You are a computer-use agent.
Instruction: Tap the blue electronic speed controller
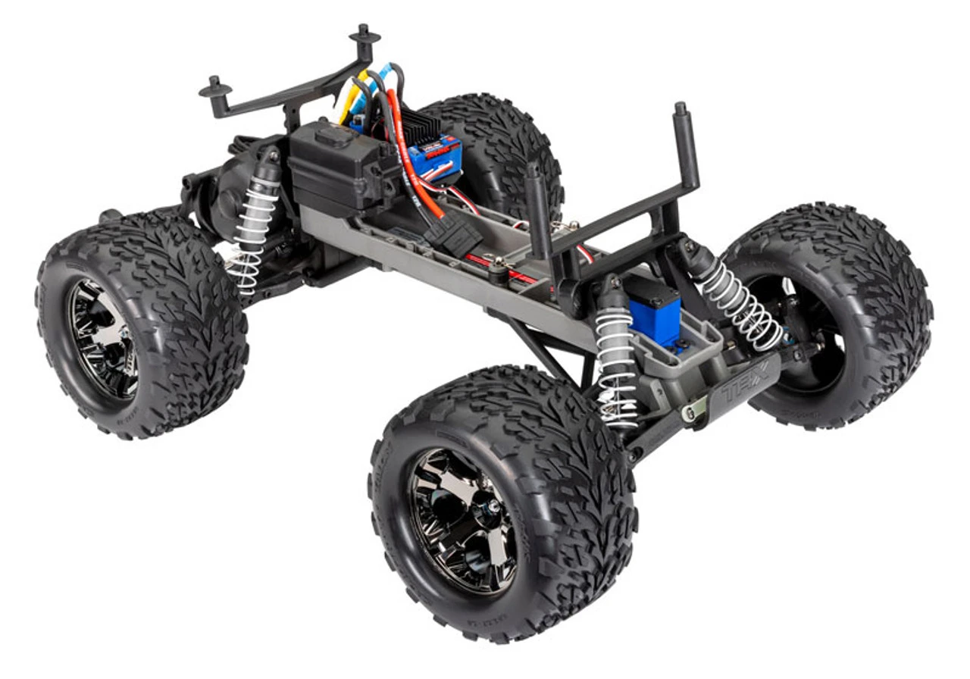point(433,156)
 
